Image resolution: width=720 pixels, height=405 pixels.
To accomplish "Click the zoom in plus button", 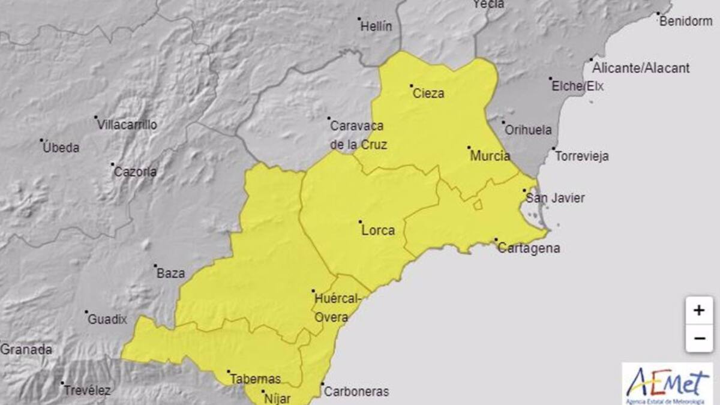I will tap(698, 311).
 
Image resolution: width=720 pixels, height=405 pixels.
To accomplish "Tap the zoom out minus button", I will tap(698, 338).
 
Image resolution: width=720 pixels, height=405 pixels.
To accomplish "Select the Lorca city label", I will tap(379, 230).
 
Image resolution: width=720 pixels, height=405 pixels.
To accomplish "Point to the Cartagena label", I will tap(529, 248).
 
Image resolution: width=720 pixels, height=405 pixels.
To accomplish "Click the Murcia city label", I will tap(490, 156).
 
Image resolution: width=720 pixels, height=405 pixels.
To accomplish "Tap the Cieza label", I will tap(428, 94).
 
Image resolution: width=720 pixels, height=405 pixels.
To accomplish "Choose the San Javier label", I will tap(554, 198).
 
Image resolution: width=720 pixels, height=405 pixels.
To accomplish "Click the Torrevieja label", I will tap(582, 157).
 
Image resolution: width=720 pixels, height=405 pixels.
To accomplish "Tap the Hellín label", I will tap(376, 26).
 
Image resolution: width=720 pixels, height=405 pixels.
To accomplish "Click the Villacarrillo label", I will tap(127, 125).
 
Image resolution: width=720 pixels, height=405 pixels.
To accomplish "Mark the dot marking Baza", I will tap(155, 266).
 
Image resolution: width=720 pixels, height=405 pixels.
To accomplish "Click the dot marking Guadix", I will tap(86, 312).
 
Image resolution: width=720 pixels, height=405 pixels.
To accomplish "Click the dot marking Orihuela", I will tap(503, 122).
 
